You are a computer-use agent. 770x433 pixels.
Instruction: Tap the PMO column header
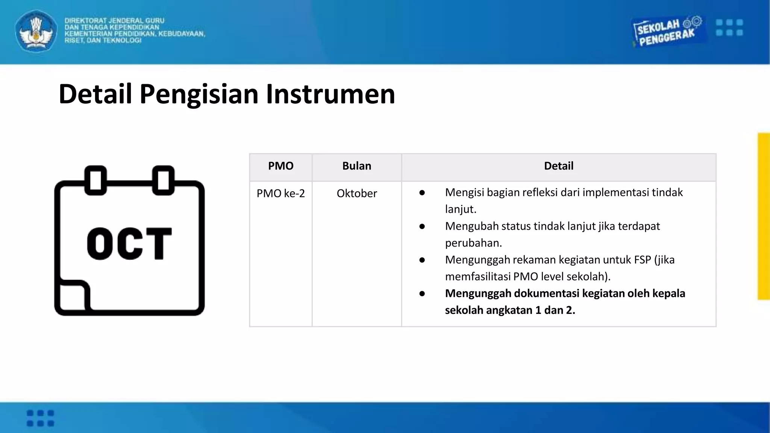pyautogui.click(x=280, y=166)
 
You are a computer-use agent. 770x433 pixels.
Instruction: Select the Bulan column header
pyautogui.click(x=356, y=166)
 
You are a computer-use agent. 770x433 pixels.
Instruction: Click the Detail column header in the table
pyautogui.click(x=558, y=166)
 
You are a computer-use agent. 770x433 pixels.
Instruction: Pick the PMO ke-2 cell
pyautogui.click(x=280, y=193)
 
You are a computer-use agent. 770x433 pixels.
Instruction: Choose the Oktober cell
pyautogui.click(x=356, y=193)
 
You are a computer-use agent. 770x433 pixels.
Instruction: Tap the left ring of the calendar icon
pyautogui.click(x=95, y=180)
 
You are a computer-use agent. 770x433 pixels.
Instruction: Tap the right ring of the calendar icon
pyautogui.click(x=163, y=180)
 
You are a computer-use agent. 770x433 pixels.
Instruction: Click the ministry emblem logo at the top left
pyautogui.click(x=36, y=31)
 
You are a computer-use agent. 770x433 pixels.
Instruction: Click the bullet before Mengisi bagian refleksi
pyautogui.click(x=422, y=193)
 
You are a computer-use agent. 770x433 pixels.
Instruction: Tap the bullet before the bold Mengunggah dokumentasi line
pyautogui.click(x=422, y=294)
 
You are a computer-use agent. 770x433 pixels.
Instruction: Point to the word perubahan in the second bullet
pyautogui.click(x=473, y=243)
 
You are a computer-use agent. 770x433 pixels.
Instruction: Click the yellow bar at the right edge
pyautogui.click(x=764, y=216)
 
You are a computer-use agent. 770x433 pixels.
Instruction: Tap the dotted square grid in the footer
pyautogui.click(x=40, y=418)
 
